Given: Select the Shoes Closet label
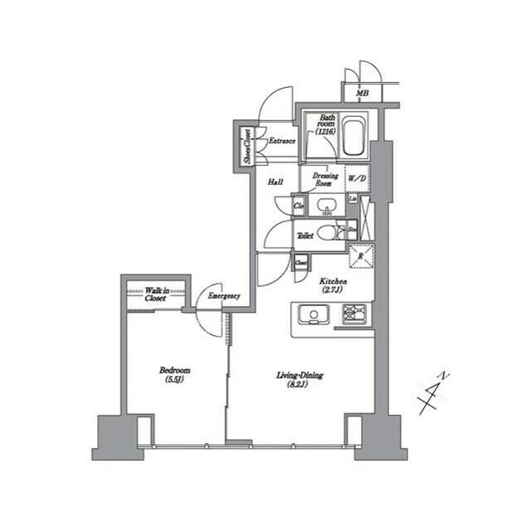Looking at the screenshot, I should click(246, 146).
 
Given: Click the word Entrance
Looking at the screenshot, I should click(282, 141).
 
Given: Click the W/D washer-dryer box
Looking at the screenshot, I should click(356, 178).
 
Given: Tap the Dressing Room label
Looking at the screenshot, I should click(324, 178).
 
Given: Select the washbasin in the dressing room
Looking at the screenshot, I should click(326, 205).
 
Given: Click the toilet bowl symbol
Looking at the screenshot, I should click(329, 233).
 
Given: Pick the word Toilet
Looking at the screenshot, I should click(305, 236).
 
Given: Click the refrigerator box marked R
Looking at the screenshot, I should click(360, 257).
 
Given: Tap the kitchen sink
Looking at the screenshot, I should click(315, 314).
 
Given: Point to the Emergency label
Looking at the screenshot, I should click(224, 296).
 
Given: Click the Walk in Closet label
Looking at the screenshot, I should click(155, 294).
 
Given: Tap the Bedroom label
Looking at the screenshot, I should click(175, 375).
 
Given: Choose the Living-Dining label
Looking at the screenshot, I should click(300, 380).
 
